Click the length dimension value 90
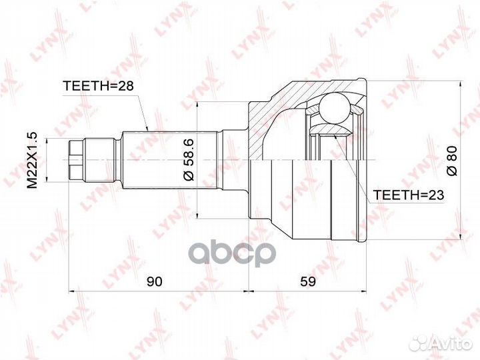click(155, 282)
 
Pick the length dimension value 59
click(309, 282)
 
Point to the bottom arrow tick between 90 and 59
click(248, 291)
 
